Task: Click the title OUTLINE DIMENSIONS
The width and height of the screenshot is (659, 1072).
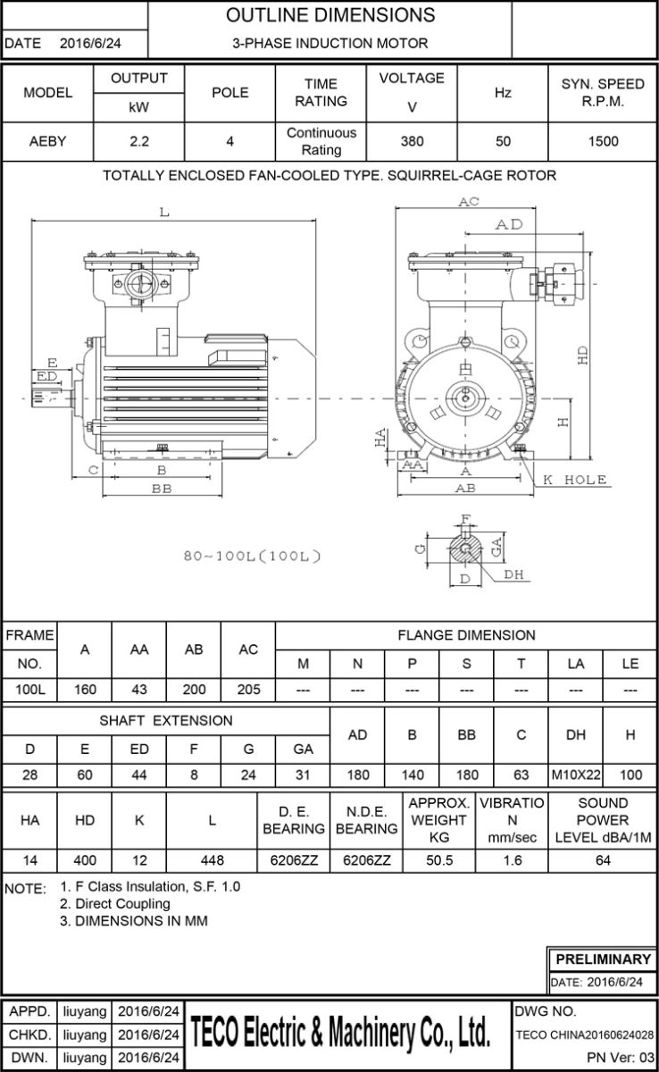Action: tap(330, 15)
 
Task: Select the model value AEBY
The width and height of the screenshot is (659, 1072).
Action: tap(48, 141)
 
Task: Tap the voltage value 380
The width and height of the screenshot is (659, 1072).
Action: tap(412, 141)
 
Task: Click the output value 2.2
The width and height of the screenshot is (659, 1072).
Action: tap(138, 141)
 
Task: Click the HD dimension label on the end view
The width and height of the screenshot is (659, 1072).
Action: tap(583, 355)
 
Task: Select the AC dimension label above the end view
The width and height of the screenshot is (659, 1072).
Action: tap(469, 203)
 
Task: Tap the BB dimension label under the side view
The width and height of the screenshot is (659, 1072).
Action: tap(162, 490)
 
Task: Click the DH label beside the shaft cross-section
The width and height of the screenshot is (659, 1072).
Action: tap(514, 575)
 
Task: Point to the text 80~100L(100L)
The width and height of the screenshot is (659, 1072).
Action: tap(251, 557)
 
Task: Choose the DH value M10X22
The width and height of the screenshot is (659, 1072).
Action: tap(576, 775)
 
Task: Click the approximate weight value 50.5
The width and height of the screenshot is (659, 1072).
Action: tap(439, 861)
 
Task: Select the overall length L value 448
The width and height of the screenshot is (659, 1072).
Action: tap(212, 861)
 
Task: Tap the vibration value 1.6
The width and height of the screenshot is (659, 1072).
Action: tap(512, 861)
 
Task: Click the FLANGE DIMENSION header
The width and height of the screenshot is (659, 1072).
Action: tap(466, 635)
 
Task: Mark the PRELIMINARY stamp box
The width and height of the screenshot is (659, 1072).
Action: tap(603, 959)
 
